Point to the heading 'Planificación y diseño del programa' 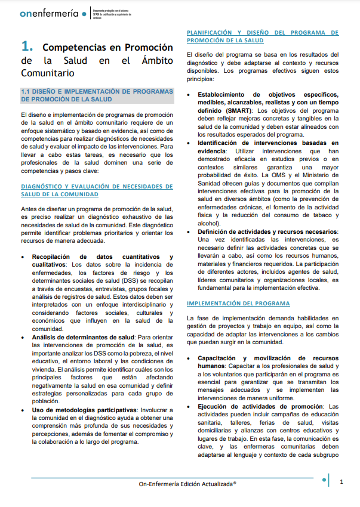(x=263, y=36)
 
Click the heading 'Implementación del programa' (x=238, y=303)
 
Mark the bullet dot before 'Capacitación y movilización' (x=190, y=358)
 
